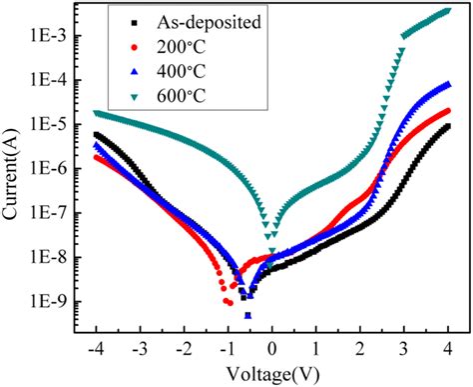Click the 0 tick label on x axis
(x=272, y=351)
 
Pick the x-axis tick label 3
(x=404, y=351)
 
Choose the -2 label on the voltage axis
(x=182, y=351)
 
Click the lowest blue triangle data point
(x=247, y=315)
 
